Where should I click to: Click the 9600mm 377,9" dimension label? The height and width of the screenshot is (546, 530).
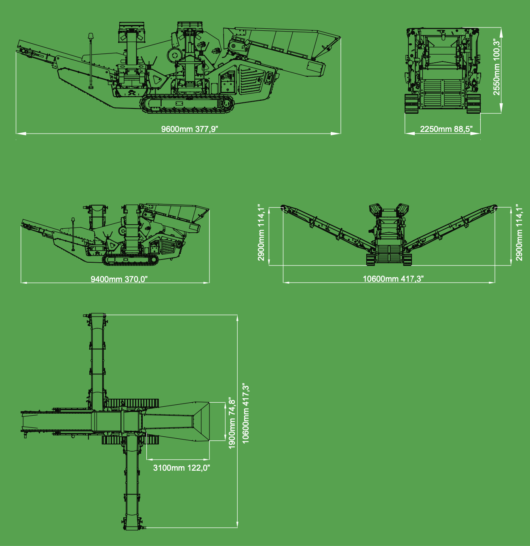pos(190,129)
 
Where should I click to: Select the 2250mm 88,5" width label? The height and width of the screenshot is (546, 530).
pos(446,129)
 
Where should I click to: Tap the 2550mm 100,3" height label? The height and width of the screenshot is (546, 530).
pos(496,67)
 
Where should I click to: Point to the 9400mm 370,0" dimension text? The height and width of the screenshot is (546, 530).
pos(119,279)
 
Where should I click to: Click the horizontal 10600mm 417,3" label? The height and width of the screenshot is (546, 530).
pos(393,279)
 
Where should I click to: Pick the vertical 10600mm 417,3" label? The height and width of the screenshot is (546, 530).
pos(245,415)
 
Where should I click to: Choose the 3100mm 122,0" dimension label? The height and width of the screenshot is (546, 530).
pos(182,468)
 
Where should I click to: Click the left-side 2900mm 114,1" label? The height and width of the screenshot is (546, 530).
pos(261,233)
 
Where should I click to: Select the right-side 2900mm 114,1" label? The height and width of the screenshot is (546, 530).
pos(519,233)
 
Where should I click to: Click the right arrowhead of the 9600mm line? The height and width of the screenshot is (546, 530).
pos(336,134)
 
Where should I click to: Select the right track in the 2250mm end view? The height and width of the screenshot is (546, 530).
pos(473,104)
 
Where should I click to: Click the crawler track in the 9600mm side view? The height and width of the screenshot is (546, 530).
pos(187,104)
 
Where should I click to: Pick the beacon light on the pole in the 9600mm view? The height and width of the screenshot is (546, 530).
pos(91,37)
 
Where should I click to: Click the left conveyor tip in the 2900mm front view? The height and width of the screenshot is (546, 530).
pos(283,207)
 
